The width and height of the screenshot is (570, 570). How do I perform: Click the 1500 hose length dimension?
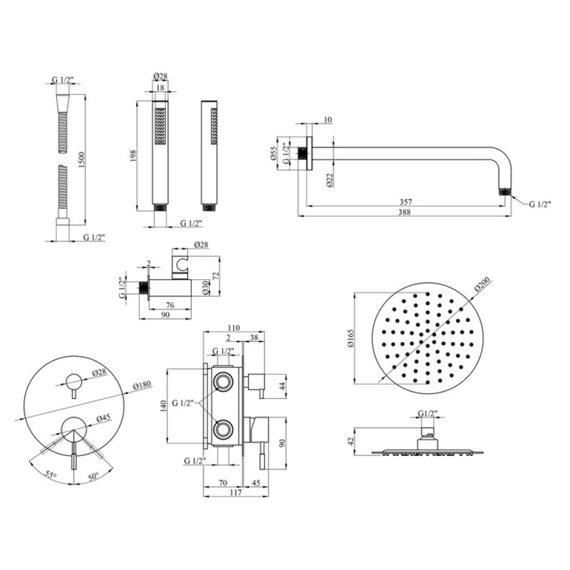(x=91, y=157)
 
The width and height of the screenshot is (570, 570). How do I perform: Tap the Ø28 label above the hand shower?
(x=160, y=78)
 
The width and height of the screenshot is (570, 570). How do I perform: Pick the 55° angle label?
(x=48, y=473)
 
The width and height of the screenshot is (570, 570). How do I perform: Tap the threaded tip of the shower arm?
(x=505, y=192)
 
